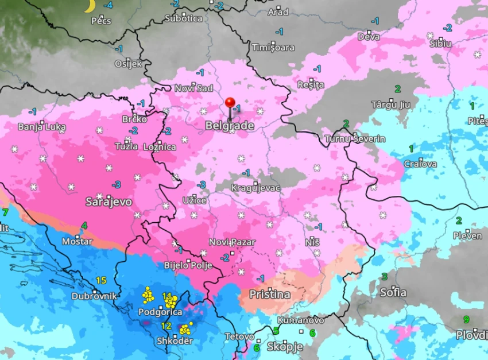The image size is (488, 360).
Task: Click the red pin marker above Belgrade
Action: click(x=230, y=103)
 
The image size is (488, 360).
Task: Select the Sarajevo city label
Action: click(x=109, y=202)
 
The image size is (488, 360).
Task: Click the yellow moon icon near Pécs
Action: click(x=89, y=6)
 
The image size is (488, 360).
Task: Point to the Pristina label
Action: click(x=269, y=294)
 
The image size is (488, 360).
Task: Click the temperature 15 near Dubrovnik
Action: click(x=101, y=281)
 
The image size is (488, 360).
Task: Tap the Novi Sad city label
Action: click(x=193, y=88)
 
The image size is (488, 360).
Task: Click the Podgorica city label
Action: click(x=160, y=312)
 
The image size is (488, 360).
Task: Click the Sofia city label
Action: click(x=393, y=292)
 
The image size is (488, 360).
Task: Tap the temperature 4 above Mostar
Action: click(x=84, y=225)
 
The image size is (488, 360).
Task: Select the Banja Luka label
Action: click(x=40, y=126)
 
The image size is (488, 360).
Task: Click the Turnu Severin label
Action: click(x=355, y=139)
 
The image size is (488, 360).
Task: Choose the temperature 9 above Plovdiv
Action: click(x=466, y=320)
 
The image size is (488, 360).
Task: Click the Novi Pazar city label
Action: click(x=232, y=242)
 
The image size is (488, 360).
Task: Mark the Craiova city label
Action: click(x=420, y=164)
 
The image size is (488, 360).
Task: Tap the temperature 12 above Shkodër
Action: click(x=166, y=326)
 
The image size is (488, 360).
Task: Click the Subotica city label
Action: click(x=183, y=18)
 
